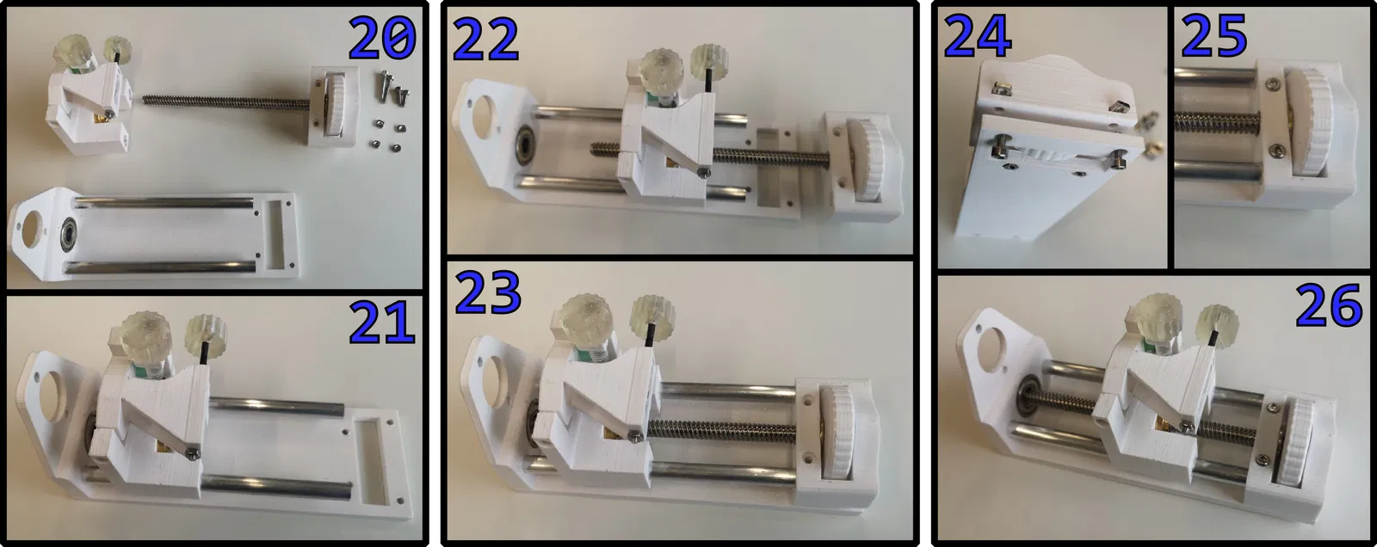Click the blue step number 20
pos(382,38)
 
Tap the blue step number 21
pos(381,322)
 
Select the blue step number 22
pos(485,40)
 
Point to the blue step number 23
pos(487,292)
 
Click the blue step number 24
pos(978,36)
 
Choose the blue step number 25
pos(1214,35)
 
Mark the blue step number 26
pos(1329,305)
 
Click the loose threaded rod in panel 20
pos(227,101)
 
